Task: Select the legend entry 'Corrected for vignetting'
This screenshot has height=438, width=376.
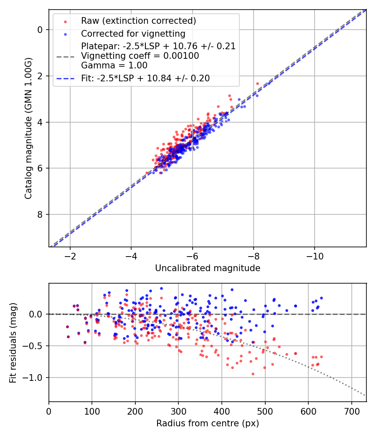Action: (133, 33)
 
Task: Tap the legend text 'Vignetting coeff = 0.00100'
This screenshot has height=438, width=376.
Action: (140, 56)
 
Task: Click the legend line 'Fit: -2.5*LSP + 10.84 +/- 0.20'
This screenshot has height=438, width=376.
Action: (145, 78)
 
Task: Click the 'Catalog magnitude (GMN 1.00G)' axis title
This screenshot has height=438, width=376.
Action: (28, 128)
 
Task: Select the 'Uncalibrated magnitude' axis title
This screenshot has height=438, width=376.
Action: (208, 268)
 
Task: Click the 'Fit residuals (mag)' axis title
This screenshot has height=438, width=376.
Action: (13, 342)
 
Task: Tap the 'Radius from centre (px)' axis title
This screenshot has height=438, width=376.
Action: (208, 423)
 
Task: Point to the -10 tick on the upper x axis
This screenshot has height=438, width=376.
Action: (315, 256)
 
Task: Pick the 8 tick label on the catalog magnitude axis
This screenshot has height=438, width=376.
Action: (40, 214)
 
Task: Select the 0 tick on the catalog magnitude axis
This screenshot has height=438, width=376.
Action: (40, 30)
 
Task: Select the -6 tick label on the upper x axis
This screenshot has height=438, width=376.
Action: (192, 256)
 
